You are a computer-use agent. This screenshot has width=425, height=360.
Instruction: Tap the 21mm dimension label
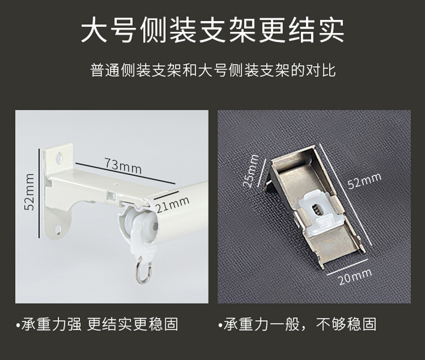click(x=172, y=204)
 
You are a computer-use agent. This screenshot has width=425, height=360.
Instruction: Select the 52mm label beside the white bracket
click(x=29, y=192)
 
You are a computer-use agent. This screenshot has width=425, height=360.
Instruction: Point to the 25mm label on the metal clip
click(x=251, y=171)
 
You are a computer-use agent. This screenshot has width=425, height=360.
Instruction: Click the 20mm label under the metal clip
click(x=355, y=277)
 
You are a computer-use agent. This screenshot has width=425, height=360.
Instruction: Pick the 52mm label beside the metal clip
click(x=365, y=181)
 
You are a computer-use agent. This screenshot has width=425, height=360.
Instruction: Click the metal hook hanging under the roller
click(x=144, y=270)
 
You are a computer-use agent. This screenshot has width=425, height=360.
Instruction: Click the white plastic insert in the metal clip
click(x=316, y=210)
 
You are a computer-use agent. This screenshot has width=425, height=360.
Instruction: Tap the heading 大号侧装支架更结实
click(x=212, y=30)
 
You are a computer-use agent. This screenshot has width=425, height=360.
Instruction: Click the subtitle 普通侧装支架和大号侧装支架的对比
click(x=213, y=70)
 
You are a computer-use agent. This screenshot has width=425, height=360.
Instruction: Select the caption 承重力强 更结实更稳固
click(x=100, y=324)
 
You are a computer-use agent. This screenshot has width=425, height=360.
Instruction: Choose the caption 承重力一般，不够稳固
click(x=300, y=324)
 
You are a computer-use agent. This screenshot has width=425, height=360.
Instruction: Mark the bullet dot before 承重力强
click(x=18, y=325)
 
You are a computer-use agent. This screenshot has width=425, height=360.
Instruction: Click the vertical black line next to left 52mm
click(x=40, y=193)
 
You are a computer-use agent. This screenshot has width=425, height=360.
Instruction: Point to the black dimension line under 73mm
click(x=124, y=173)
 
